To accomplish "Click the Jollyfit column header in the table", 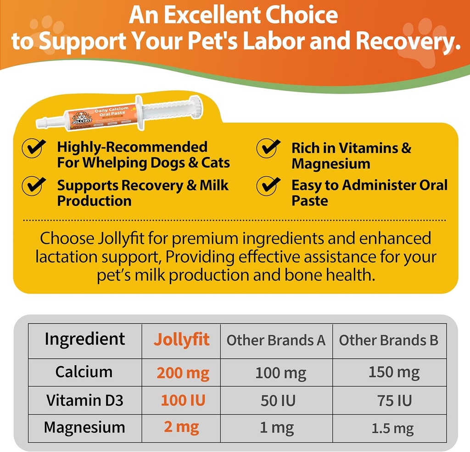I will pos(181,340).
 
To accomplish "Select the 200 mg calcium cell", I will pos(183,373).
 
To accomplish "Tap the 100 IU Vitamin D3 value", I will pos(183,400).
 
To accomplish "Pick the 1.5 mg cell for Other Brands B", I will pos(393,428).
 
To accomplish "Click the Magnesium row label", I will pos(84,428).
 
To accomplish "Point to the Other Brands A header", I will pos(276,340).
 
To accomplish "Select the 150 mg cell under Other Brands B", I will pos(393,372).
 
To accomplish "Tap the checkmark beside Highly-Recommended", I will pos(34,148).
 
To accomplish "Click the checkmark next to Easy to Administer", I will pos(269,186).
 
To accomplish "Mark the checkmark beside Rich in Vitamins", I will pos(269,148).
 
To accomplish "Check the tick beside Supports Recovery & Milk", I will pos(34,186).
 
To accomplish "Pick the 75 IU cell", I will pos(393,400).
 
